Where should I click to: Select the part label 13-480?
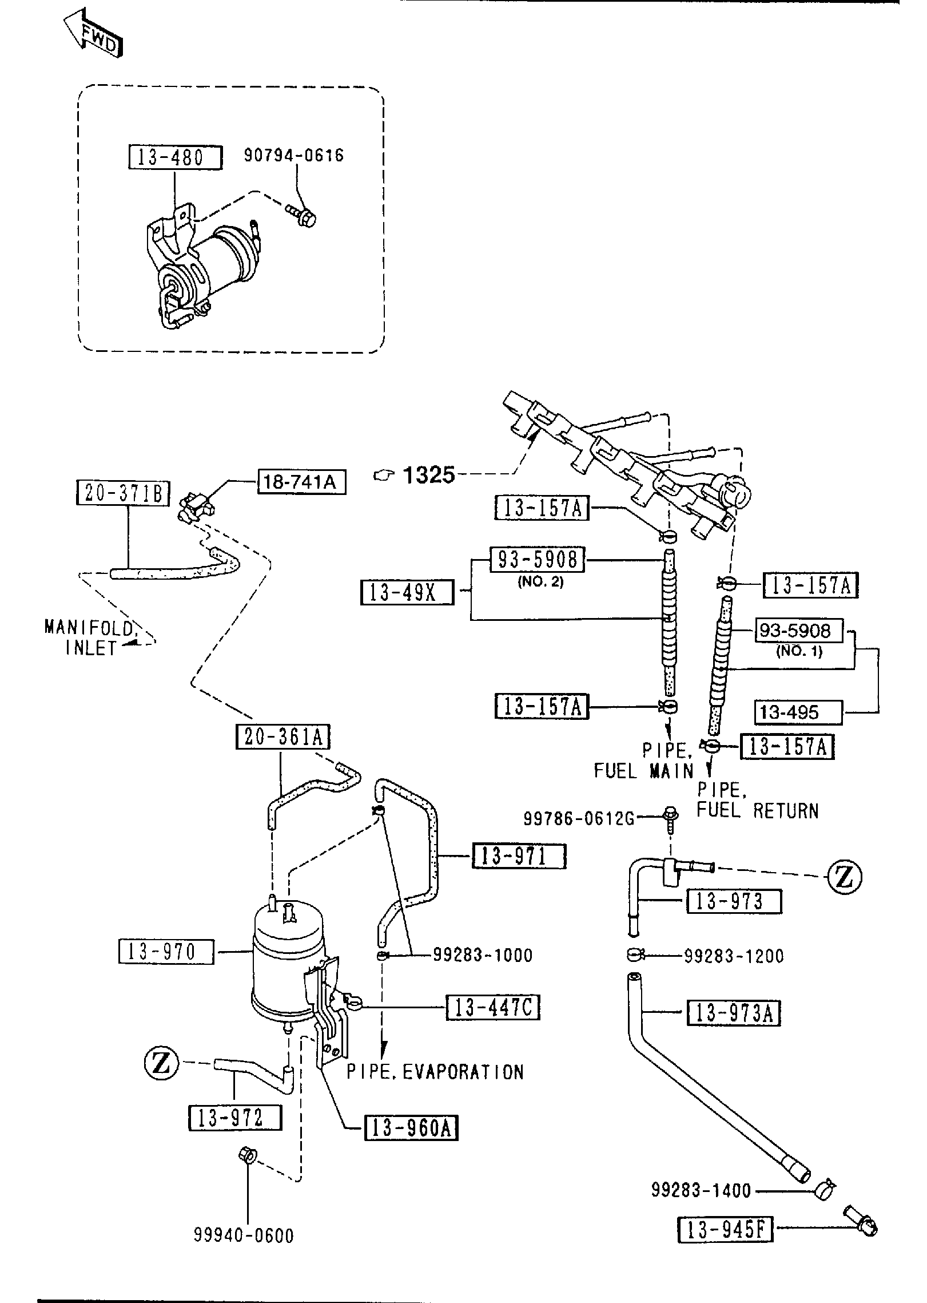pyautogui.click(x=174, y=157)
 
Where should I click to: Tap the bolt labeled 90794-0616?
pyautogui.click(x=305, y=218)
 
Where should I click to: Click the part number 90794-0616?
pyautogui.click(x=294, y=155)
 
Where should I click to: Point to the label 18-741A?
pyautogui.click(x=302, y=482)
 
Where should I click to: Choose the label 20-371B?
pyautogui.click(x=123, y=493)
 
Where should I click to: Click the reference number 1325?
pyautogui.click(x=429, y=474)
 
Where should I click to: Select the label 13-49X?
pyautogui.click(x=407, y=593)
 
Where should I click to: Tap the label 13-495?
pyautogui.click(x=798, y=712)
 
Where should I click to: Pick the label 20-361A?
pyautogui.click(x=283, y=737)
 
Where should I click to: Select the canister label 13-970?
pyautogui.click(x=166, y=952)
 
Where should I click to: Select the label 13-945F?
pyautogui.click(x=725, y=1229)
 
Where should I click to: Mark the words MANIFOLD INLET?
pyautogui.click(x=90, y=637)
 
